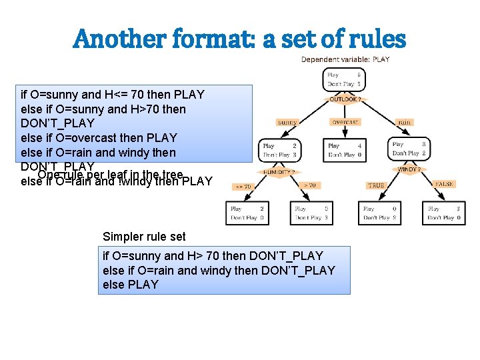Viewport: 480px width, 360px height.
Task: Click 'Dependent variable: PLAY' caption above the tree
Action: pos(345,60)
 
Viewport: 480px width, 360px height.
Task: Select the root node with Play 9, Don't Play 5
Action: pos(344,80)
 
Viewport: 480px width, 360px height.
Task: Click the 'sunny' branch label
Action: pos(287,122)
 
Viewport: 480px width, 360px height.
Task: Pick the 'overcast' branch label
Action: pos(345,122)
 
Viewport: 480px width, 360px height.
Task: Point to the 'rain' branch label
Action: pos(404,122)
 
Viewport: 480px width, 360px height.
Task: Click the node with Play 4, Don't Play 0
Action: pos(344,149)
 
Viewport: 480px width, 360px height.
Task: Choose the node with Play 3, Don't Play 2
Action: pos(409,149)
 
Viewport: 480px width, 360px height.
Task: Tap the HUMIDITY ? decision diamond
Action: pos(279,171)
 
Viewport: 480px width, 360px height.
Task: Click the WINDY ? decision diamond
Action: pos(408,169)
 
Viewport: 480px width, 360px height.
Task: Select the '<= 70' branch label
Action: pos(242,187)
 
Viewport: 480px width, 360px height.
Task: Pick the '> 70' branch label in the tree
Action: pos(309,185)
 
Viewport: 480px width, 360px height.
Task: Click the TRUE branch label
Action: pos(376,185)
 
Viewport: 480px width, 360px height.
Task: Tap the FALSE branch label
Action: pos(443,184)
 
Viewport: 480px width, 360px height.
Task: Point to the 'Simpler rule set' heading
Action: pos(144,237)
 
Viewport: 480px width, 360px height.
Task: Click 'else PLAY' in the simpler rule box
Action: pos(131,285)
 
